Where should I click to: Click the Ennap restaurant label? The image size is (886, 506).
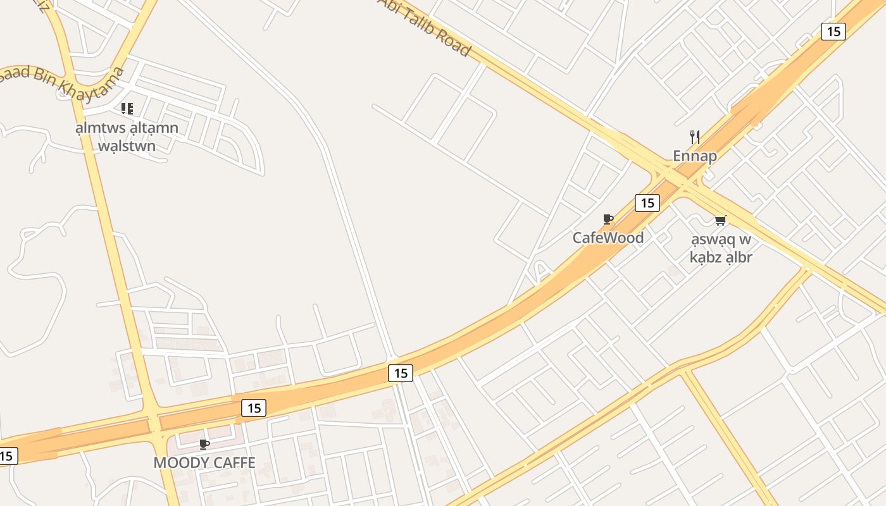pos(694,156)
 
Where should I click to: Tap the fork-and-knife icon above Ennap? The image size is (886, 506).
pos(694,137)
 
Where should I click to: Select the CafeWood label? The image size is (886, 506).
pos(608,238)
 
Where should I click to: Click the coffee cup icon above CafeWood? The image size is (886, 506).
pos(608,219)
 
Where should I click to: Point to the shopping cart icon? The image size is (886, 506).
pos(720,220)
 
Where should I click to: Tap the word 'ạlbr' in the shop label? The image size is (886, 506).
pos(737,257)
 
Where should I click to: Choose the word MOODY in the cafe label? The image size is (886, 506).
pos(180,463)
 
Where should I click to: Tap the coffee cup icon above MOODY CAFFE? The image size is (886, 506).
pos(204,445)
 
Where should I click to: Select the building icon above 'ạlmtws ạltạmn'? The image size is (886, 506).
pos(127,109)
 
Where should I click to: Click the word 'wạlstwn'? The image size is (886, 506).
pos(127,146)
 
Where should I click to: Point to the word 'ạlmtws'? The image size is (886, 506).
pos(98,128)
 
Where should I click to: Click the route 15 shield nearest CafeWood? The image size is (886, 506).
pos(647,203)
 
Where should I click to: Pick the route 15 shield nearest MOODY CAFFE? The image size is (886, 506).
pos(254,408)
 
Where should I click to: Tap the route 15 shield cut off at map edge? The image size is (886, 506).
pos(7,455)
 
